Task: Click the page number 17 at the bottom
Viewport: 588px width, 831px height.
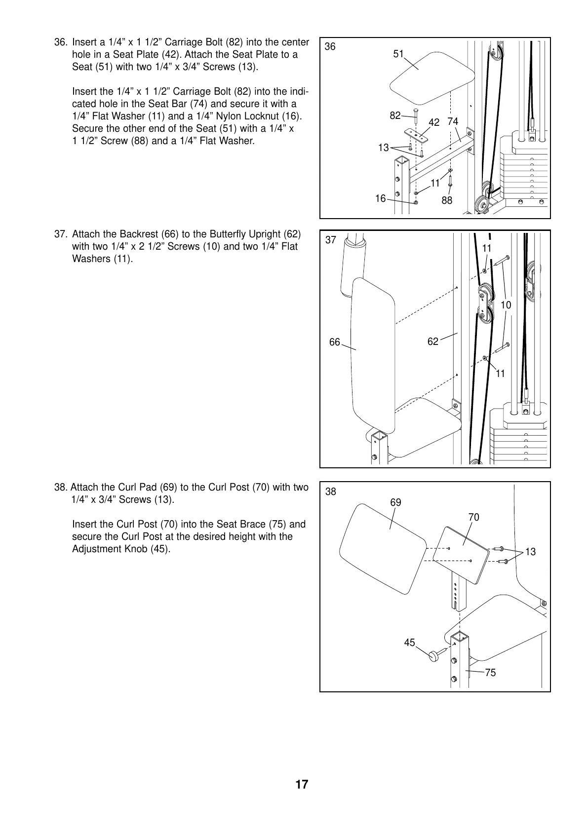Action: (302, 785)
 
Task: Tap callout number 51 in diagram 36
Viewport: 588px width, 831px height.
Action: (398, 54)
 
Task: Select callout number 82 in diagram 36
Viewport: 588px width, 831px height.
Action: (395, 116)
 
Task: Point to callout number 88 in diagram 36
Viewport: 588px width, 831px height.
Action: (447, 200)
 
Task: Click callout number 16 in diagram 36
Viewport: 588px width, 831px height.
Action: (380, 198)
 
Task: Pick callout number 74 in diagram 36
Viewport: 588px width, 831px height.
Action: (453, 121)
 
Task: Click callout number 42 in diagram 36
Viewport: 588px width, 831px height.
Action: (434, 122)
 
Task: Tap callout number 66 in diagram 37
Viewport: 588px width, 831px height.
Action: (335, 342)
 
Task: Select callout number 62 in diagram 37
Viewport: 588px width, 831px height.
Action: (433, 341)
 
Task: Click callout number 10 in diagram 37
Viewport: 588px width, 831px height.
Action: (506, 305)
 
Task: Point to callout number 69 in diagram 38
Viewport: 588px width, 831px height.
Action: (396, 502)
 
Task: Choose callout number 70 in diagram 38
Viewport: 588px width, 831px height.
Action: (474, 517)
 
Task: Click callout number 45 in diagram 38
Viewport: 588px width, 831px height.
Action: (410, 642)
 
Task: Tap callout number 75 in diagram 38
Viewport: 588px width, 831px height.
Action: (490, 673)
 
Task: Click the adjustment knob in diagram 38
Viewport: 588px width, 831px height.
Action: (434, 655)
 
